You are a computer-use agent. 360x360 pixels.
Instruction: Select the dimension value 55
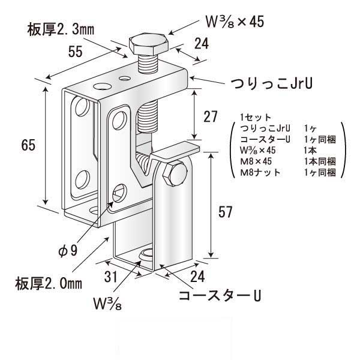[x=75, y=53]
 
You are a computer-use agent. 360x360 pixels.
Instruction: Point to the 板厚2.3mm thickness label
[x=59, y=28]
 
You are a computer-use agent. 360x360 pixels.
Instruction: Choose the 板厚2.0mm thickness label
[x=48, y=281]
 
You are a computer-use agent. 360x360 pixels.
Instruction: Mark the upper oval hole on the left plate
[x=82, y=111]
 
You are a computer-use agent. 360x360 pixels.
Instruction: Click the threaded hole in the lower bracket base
[x=146, y=256]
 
